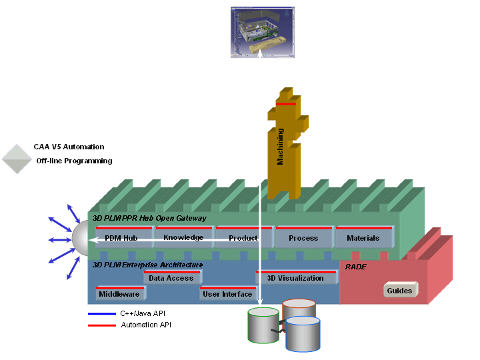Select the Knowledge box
coord(184,237)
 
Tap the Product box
coord(243,238)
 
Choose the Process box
coord(303,238)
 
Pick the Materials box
coord(363,238)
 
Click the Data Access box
coord(171,278)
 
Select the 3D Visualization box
coord(295,278)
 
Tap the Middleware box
coord(119,294)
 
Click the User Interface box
coord(227,294)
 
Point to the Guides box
coord(400,291)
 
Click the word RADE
coord(356,267)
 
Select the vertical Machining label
coord(281,147)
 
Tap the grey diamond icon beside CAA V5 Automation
coord(17,159)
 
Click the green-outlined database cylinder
coord(263,325)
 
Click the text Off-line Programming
coord(74,161)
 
